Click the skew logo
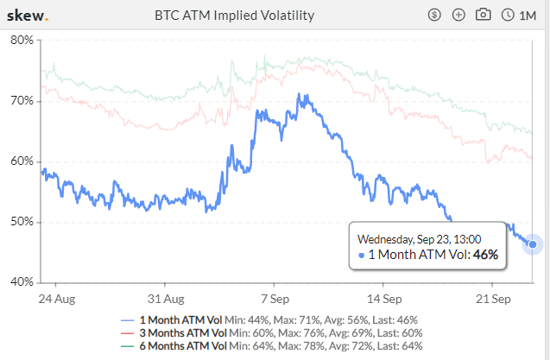pyautogui.click(x=27, y=16)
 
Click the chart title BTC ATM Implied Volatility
pyautogui.click(x=234, y=16)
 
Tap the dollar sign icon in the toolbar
pyautogui.click(x=434, y=16)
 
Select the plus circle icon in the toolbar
pyautogui.click(x=458, y=16)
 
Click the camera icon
pyautogui.click(x=484, y=16)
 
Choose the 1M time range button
pyautogui.click(x=519, y=16)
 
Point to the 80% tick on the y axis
pyautogui.click(x=22, y=41)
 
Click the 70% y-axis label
pyautogui.click(x=22, y=101)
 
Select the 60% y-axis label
pyautogui.click(x=22, y=161)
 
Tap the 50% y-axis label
pyautogui.click(x=22, y=222)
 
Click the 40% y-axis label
pyautogui.click(x=22, y=282)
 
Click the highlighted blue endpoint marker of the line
pyautogui.click(x=533, y=244)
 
